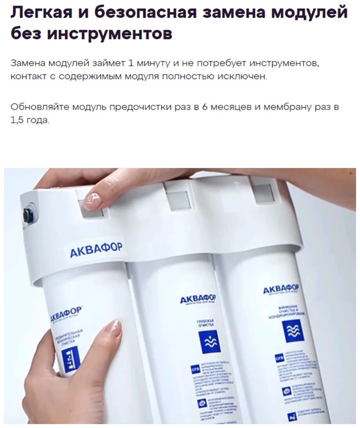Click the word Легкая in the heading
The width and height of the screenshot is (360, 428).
[41, 13]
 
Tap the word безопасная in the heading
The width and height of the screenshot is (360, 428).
[144, 13]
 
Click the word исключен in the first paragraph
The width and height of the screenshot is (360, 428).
[245, 76]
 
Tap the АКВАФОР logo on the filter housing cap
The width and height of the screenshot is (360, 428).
[96, 249]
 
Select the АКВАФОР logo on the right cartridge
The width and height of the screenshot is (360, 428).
[281, 289]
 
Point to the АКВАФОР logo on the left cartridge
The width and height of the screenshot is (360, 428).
[66, 313]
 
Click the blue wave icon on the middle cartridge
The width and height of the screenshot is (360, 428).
[209, 342]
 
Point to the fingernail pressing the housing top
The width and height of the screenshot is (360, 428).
[92, 200]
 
